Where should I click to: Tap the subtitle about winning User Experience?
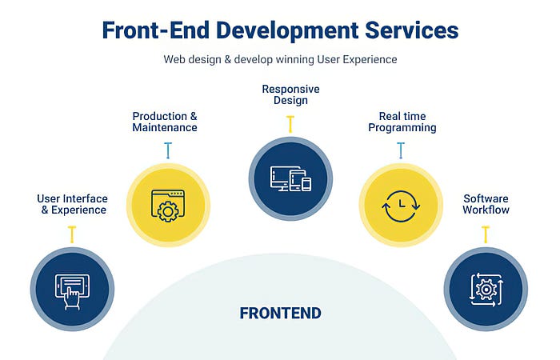click(280, 59)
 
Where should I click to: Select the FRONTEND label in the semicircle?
click(280, 313)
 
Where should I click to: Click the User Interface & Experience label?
click(72, 204)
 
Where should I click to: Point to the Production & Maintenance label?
click(165, 122)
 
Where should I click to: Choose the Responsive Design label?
click(290, 94)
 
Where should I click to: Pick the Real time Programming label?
click(401, 122)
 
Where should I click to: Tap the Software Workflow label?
click(486, 204)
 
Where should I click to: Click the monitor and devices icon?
click(290, 178)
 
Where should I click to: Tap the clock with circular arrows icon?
click(401, 205)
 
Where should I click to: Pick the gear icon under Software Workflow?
click(486, 288)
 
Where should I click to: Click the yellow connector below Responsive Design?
click(290, 123)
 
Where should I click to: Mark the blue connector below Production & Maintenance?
click(168, 150)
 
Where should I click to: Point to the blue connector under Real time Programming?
click(401, 150)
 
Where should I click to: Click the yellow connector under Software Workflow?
click(486, 234)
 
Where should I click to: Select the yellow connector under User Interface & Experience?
click(72, 234)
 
